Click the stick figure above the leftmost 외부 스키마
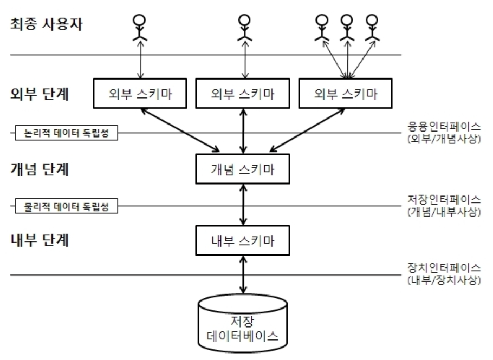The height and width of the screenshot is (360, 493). point(140,27)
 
